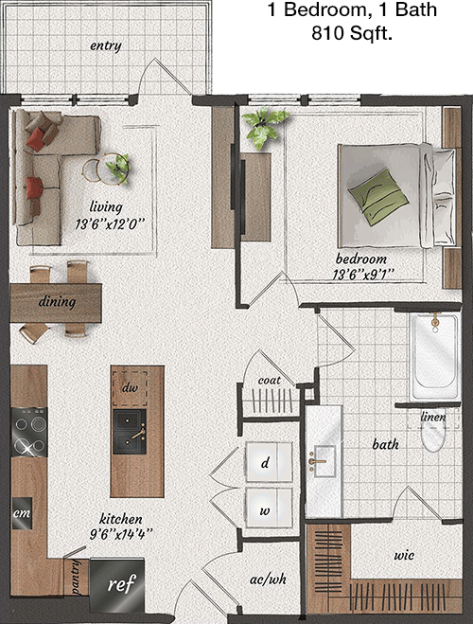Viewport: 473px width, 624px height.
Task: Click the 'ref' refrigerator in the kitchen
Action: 117,585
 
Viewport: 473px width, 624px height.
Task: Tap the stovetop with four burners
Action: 29,432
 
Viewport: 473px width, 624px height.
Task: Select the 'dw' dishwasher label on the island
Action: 130,387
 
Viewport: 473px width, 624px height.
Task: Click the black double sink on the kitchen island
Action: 130,432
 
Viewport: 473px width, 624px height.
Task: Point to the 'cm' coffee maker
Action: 22,513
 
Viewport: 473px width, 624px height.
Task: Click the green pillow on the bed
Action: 378,197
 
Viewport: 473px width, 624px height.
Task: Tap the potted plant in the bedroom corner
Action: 264,127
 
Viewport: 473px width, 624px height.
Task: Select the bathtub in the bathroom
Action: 435,356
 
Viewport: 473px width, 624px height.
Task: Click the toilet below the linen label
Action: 433,436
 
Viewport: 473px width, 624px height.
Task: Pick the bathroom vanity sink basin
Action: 324,462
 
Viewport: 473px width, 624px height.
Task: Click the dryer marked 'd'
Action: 269,462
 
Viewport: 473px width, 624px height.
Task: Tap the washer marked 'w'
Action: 269,508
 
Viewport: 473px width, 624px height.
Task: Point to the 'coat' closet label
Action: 270,381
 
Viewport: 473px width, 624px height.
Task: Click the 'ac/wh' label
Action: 268,579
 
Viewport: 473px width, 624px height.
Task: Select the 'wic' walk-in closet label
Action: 404,555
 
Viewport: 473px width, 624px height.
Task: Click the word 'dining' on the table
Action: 58,302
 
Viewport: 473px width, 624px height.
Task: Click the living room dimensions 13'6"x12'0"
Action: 109,224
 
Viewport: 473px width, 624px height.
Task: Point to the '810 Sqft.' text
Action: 352,33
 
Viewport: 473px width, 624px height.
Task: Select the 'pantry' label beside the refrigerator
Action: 76,578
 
